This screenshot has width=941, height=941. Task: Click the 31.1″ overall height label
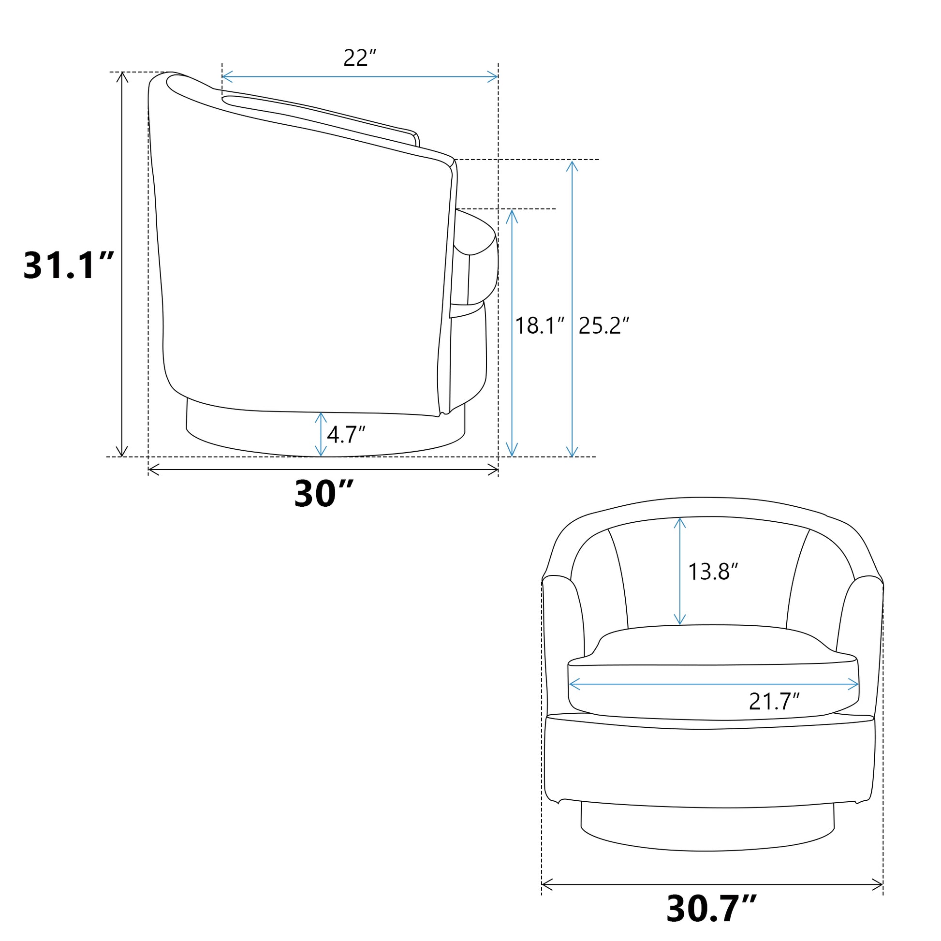click(x=69, y=265)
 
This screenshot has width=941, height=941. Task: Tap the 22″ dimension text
click(x=360, y=58)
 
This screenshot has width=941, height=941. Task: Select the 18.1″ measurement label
click(x=540, y=325)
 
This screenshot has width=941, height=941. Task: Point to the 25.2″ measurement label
click(x=604, y=325)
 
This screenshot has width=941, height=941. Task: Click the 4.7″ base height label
click(x=346, y=434)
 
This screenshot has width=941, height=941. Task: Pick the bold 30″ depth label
click(x=323, y=494)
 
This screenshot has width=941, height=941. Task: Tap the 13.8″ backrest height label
click(x=713, y=572)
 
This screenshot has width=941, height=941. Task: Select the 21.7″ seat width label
click(x=775, y=701)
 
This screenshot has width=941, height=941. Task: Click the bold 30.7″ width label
click(x=711, y=908)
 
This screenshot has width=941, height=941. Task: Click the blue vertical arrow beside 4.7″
click(x=321, y=434)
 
